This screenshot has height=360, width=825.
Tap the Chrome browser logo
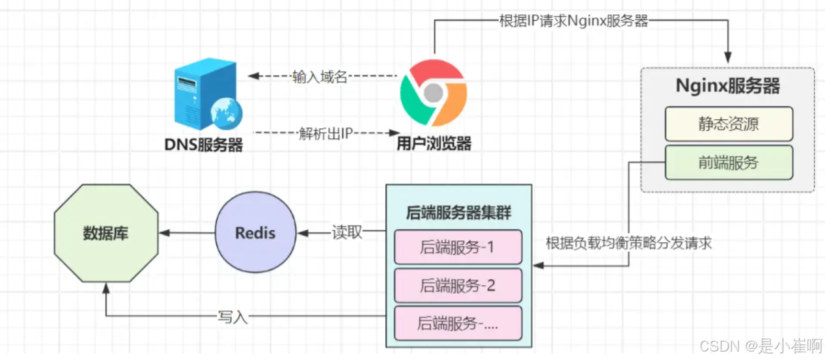click(433, 92)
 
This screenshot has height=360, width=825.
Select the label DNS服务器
click(203, 145)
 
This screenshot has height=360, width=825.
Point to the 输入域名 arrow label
click(320, 77)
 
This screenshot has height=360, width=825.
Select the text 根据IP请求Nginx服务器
click(573, 20)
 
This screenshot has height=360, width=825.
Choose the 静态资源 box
click(728, 124)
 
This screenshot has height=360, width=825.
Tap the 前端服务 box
click(728, 162)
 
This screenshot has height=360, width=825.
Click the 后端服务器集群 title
click(458, 212)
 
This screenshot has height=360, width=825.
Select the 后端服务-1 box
click(458, 247)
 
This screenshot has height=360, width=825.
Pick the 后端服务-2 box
click(458, 285)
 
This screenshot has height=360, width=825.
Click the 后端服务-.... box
click(458, 323)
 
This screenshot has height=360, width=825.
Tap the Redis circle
click(255, 232)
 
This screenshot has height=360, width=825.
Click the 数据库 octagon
click(105, 233)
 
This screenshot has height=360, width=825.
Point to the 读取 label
click(346, 233)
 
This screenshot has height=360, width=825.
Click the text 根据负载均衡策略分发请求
click(628, 243)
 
